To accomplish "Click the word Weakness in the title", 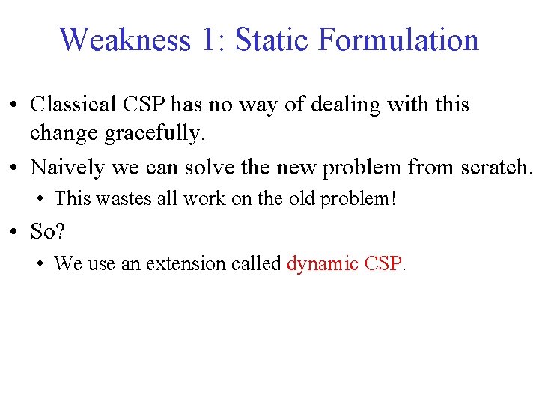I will pyautogui.click(x=125, y=40).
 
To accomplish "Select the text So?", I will pyautogui.click(x=48, y=231).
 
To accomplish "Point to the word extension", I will pyautogui.click(x=180, y=264).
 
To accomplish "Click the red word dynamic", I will pyautogui.click(x=323, y=264).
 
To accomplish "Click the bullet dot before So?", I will pyautogui.click(x=14, y=232).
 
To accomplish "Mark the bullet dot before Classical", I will pyautogui.click(x=14, y=105).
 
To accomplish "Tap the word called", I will pyautogui.click(x=255, y=264).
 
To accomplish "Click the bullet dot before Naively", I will pyautogui.click(x=14, y=168).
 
